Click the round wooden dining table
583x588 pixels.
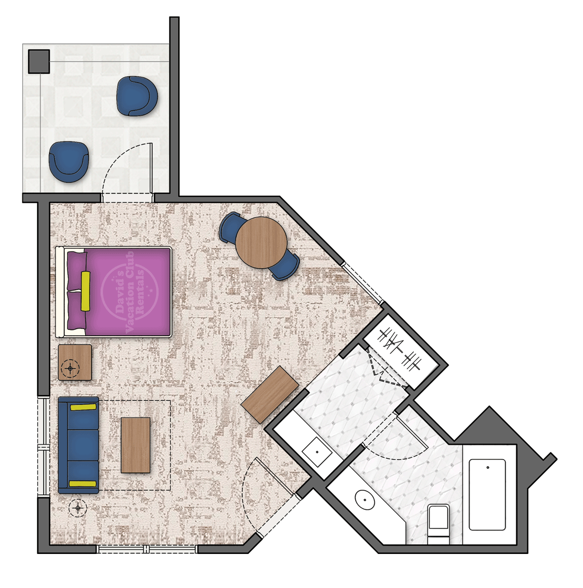(x=261, y=242)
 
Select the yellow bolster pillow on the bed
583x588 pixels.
(x=86, y=291)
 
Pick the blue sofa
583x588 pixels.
(x=78, y=445)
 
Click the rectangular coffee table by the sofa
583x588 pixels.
(x=136, y=445)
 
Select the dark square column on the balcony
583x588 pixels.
(x=39, y=61)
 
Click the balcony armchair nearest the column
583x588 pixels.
(x=137, y=96)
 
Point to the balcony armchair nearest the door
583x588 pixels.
(x=69, y=161)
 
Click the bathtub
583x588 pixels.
(x=487, y=494)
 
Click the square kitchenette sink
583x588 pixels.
(x=317, y=451)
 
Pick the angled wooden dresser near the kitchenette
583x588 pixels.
(x=270, y=394)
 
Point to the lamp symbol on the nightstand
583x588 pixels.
(x=71, y=369)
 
